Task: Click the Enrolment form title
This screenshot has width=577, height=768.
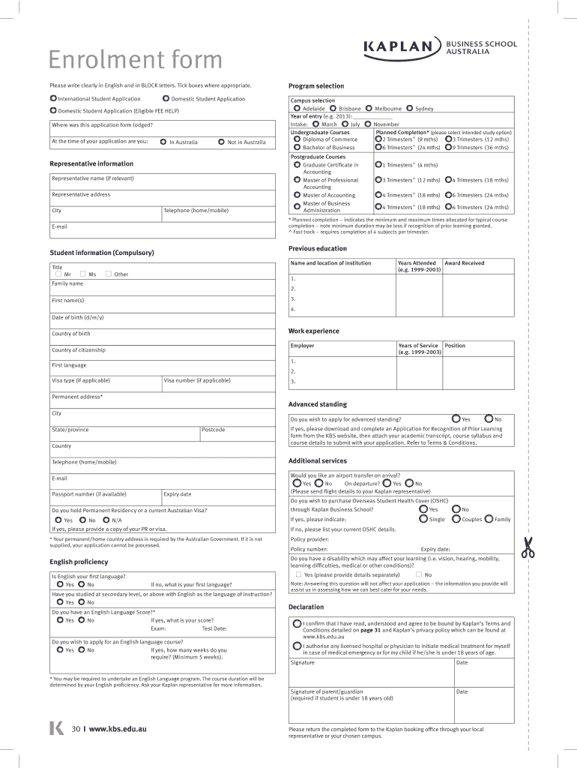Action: pyautogui.click(x=136, y=60)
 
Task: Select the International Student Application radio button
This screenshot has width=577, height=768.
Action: pyautogui.click(x=53, y=98)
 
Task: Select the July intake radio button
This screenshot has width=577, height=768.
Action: pyautogui.click(x=345, y=124)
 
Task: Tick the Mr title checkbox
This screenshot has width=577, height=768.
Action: pyautogui.click(x=58, y=274)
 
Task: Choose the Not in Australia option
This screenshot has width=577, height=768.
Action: pyautogui.click(x=221, y=142)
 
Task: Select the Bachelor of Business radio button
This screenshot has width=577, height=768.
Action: pyautogui.click(x=297, y=148)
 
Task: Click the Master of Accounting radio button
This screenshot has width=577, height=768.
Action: pyautogui.click(x=297, y=195)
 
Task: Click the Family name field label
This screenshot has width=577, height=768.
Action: pyautogui.click(x=67, y=283)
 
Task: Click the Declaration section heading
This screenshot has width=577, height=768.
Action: pyautogui.click(x=306, y=607)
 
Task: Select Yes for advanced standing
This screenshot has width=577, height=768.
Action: pyautogui.click(x=456, y=418)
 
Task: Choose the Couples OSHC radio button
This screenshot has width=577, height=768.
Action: pyautogui.click(x=456, y=519)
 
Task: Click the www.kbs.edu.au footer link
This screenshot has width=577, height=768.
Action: pyautogui.click(x=117, y=728)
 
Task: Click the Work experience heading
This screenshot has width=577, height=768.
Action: pyautogui.click(x=313, y=331)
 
